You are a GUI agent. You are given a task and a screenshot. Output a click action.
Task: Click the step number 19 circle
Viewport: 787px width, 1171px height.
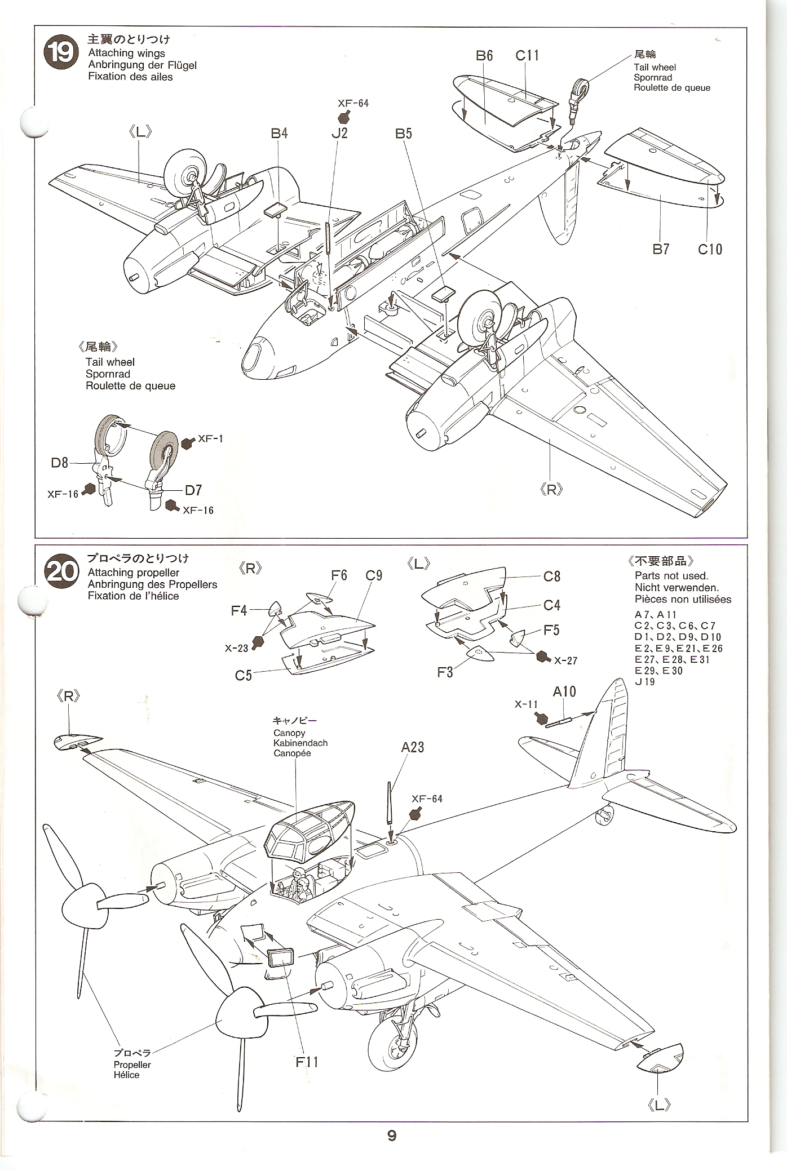pyautogui.click(x=60, y=53)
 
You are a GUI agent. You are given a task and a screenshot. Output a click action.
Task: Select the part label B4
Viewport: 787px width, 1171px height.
pyautogui.click(x=279, y=134)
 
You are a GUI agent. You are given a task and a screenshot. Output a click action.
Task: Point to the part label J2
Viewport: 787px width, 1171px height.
pyautogui.click(x=339, y=134)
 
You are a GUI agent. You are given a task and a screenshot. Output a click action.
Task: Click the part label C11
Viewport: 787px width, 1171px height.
pyautogui.click(x=527, y=55)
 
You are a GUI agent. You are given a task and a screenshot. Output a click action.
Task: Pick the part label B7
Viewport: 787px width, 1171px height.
pyautogui.click(x=661, y=249)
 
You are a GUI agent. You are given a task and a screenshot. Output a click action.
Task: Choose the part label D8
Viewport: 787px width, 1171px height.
pyautogui.click(x=60, y=463)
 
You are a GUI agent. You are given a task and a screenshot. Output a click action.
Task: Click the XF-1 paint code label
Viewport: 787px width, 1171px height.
pyautogui.click(x=210, y=438)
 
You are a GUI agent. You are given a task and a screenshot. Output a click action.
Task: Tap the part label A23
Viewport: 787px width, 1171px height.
pyautogui.click(x=413, y=747)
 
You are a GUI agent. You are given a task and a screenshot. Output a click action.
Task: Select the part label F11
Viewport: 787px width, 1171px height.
pyautogui.click(x=307, y=1062)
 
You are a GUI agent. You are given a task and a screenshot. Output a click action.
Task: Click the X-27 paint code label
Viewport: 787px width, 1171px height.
pyautogui.click(x=565, y=660)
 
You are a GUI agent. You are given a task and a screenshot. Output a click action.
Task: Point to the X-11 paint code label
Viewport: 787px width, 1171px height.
pyautogui.click(x=526, y=704)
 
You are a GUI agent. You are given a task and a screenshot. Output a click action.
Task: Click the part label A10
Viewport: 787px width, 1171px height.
pyautogui.click(x=564, y=691)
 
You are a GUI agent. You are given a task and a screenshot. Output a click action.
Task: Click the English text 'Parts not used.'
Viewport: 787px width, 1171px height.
pyautogui.click(x=671, y=576)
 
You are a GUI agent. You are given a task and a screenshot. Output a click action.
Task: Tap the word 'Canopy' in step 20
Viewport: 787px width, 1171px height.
pyautogui.click(x=289, y=733)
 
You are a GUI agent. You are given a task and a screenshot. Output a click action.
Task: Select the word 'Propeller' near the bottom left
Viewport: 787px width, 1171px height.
pyautogui.click(x=132, y=1064)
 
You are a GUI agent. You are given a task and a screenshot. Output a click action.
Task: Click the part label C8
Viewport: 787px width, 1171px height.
pyautogui.click(x=552, y=576)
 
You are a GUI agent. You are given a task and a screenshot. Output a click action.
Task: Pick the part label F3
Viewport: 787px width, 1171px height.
pyautogui.click(x=445, y=672)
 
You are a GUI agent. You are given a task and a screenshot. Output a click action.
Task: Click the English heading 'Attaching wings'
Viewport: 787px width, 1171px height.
pyautogui.click(x=127, y=53)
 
